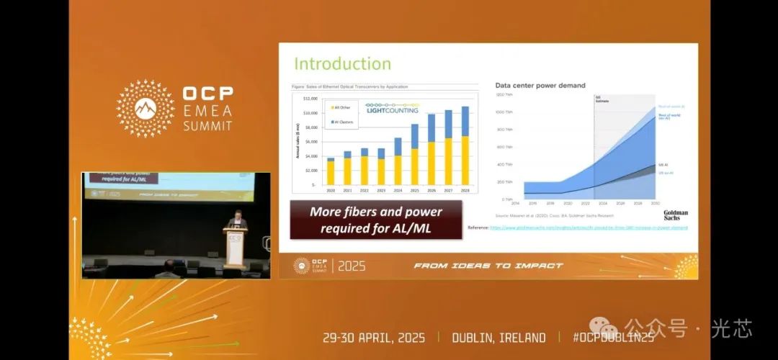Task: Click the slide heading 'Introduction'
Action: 342,63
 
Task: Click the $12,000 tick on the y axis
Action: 310,98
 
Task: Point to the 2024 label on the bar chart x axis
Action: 397,191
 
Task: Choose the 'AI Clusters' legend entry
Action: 343,122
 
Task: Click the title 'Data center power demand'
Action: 540,85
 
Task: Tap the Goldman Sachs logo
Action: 676,214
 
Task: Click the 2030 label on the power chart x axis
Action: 654,204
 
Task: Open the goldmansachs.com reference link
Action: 589,228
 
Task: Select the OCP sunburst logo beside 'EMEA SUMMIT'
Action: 146,108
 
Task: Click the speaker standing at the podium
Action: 236,220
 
